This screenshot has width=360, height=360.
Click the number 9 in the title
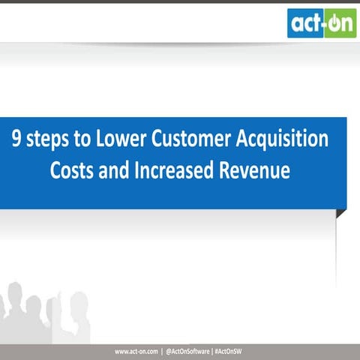[16, 140]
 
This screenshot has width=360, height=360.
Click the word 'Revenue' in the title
[253, 170]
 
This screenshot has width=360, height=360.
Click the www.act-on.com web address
[136, 351]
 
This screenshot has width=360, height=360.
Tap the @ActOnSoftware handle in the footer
[188, 351]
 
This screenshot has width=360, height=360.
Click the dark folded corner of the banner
[341, 214]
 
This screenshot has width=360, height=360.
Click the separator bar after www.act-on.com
[162, 351]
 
